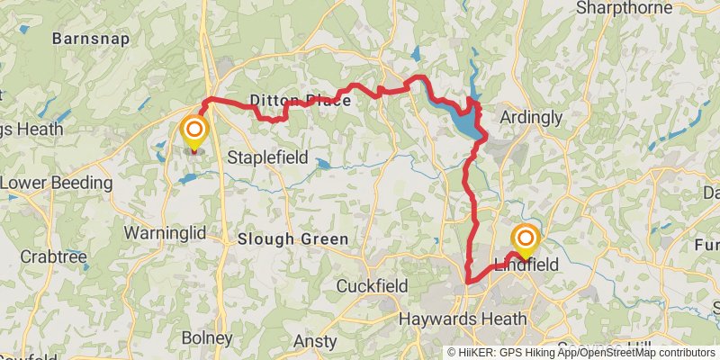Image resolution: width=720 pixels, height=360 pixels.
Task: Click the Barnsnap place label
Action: [91, 39]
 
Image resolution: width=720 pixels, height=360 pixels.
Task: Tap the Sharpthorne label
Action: [624, 8]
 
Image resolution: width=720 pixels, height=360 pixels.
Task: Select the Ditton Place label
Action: [300, 102]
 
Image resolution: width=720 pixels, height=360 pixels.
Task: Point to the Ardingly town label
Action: [530, 118]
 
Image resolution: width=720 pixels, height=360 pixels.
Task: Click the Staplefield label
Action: [267, 157]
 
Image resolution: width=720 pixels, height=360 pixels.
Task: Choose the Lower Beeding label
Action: [55, 184]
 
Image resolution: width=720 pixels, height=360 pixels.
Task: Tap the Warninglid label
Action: [165, 233]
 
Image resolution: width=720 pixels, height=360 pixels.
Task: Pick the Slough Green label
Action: [293, 239]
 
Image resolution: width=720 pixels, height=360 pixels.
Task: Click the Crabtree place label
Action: [56, 256]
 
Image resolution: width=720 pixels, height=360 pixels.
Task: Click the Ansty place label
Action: [315, 342]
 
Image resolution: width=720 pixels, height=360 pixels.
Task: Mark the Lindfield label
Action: [526, 265]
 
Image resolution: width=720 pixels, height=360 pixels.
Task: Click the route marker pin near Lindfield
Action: [525, 238]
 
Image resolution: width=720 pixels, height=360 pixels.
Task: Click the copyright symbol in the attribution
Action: [453, 353]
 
